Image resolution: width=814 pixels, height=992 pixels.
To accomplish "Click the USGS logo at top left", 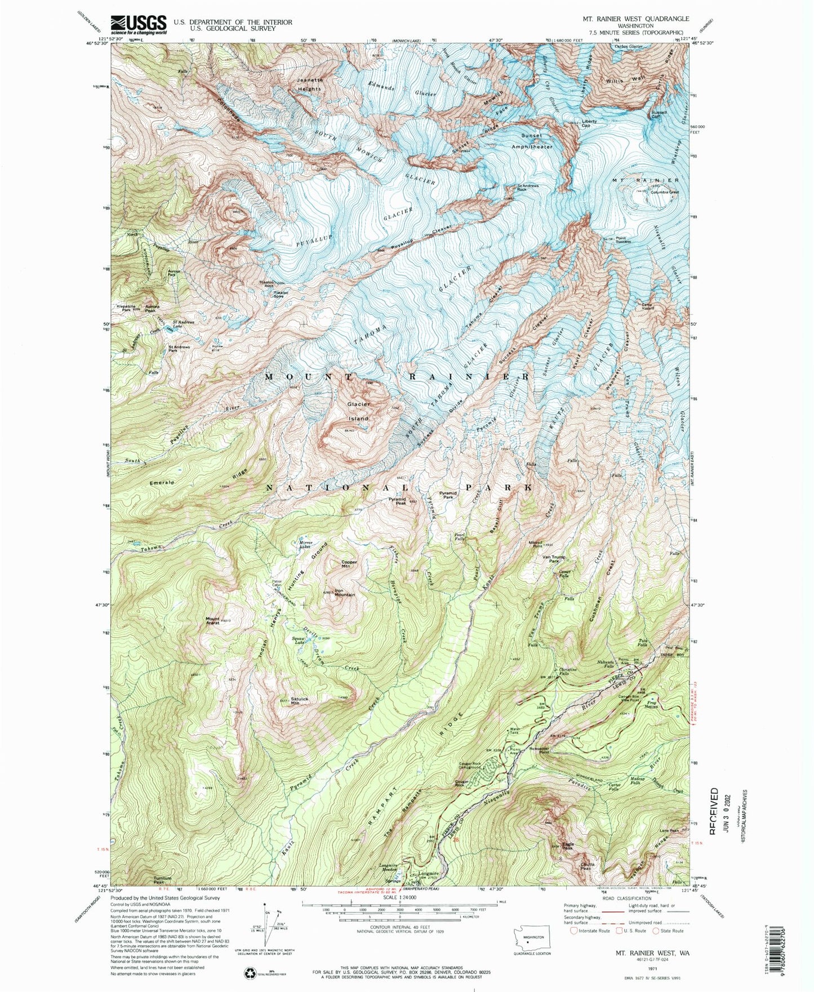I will point(139,24).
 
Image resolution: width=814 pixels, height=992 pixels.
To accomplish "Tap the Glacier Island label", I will point(358,411).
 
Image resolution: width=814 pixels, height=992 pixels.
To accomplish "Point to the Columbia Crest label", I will point(665,192).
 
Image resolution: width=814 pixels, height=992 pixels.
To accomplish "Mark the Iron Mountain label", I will point(344,593).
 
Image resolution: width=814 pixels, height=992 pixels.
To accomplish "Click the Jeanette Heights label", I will point(310,84).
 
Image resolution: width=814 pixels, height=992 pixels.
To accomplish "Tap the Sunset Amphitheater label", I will point(532,140).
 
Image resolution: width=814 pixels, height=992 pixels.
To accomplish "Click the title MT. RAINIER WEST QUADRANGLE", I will point(635,19).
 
